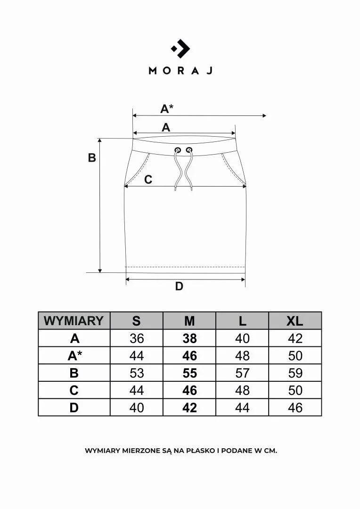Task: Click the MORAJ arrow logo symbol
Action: [x=180, y=49]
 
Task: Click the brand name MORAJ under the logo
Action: [x=180, y=70]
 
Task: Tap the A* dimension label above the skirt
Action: [x=167, y=108]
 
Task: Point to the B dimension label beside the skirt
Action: [x=92, y=157]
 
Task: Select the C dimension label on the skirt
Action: [x=148, y=180]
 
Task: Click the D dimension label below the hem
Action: [x=179, y=287]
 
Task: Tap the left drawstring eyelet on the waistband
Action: [x=178, y=150]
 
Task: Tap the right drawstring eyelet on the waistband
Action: [x=189, y=150]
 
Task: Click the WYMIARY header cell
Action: [x=74, y=320]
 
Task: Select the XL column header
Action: [x=295, y=321]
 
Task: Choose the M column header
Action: [x=189, y=321]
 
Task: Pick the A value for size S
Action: [x=137, y=338]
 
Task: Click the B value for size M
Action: [x=189, y=373]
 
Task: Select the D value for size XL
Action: [x=295, y=407]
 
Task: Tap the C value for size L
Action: [x=242, y=390]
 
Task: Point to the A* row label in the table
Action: [x=74, y=356]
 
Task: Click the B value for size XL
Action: [x=295, y=373]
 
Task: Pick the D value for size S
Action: [x=137, y=407]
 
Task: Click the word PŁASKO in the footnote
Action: [x=200, y=451]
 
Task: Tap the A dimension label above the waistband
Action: [x=166, y=127]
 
